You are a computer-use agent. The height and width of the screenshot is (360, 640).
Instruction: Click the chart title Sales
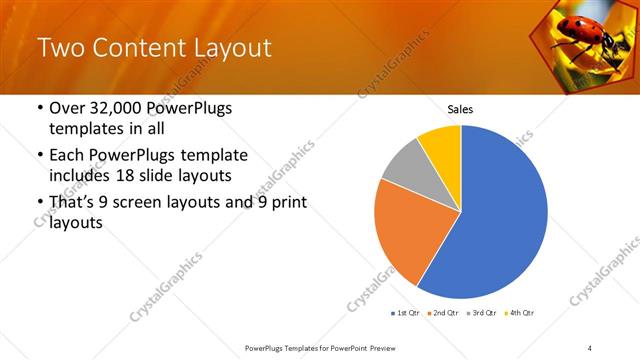click(460, 110)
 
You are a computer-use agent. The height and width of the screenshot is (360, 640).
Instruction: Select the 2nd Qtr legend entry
click(443, 314)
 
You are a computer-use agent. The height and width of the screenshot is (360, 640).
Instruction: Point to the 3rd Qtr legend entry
click(482, 314)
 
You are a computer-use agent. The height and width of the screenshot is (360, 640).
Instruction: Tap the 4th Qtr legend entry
click(520, 314)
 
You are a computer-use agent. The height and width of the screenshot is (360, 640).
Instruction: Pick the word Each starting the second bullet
click(68, 156)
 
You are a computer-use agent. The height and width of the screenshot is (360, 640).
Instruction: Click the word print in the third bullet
click(285, 203)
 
